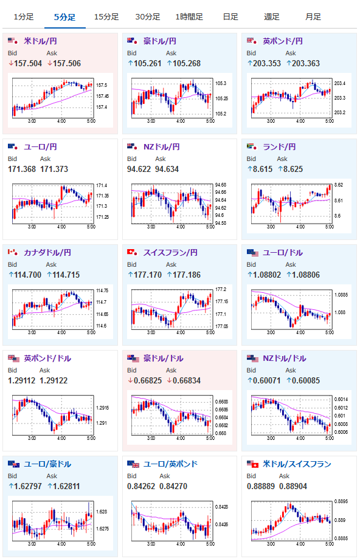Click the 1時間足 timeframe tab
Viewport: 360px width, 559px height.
point(189,17)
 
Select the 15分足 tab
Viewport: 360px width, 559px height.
point(106,17)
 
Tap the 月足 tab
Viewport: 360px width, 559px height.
point(313,17)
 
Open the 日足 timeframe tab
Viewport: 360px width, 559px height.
point(230,17)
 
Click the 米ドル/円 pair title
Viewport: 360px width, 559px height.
point(40,41)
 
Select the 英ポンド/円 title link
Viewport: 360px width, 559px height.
point(283,41)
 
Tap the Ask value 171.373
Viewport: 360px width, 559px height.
point(54,169)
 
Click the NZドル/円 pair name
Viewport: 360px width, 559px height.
point(161,147)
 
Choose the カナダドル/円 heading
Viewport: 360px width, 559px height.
point(47,252)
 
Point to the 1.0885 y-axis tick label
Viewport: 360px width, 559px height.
point(340,295)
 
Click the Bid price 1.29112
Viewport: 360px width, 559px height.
point(21,380)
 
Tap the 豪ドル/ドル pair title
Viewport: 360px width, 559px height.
point(164,358)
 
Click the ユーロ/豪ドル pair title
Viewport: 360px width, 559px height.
point(47,464)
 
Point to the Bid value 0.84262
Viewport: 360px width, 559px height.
point(141,486)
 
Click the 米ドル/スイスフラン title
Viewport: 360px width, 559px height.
point(297,464)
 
